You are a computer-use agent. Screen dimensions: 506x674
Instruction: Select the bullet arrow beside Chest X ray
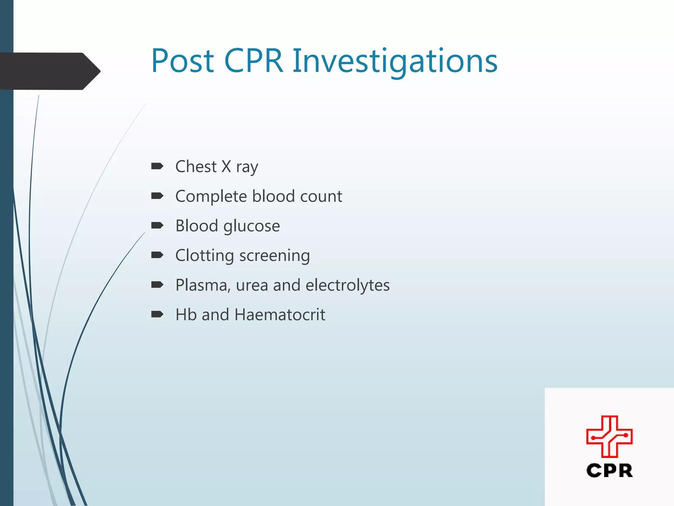[157, 166]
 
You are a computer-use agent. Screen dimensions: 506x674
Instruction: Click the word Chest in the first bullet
[196, 166]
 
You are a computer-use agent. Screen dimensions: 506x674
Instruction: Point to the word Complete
[211, 196]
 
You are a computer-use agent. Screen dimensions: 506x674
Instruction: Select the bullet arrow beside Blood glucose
[157, 225]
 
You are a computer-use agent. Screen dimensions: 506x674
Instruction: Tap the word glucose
[251, 226]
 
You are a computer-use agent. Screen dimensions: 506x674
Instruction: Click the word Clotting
[204, 255]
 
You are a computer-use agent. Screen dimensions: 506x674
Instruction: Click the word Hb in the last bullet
[186, 315]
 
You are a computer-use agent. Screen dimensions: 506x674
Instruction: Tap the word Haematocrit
[280, 315]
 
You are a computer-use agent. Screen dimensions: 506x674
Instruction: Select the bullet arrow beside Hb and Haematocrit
[157, 314]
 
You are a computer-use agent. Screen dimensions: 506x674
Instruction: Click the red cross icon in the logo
[609, 436]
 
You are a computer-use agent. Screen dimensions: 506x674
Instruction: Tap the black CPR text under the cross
[609, 470]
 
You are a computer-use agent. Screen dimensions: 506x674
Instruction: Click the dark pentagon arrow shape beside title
[49, 71]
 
